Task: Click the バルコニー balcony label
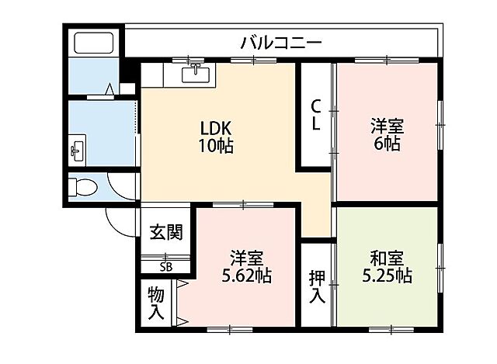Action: pyautogui.click(x=280, y=42)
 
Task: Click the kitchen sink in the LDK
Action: pyautogui.click(x=196, y=75)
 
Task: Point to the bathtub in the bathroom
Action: pyautogui.click(x=92, y=43)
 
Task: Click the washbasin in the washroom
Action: pyautogui.click(x=77, y=150)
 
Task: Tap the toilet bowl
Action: pyautogui.click(x=81, y=187)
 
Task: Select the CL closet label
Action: pyautogui.click(x=317, y=115)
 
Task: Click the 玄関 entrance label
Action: pyautogui.click(x=165, y=231)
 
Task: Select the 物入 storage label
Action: pyautogui.click(x=156, y=303)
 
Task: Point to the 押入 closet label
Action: pyautogui.click(x=317, y=285)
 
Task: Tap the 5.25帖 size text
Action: pyautogui.click(x=386, y=276)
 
